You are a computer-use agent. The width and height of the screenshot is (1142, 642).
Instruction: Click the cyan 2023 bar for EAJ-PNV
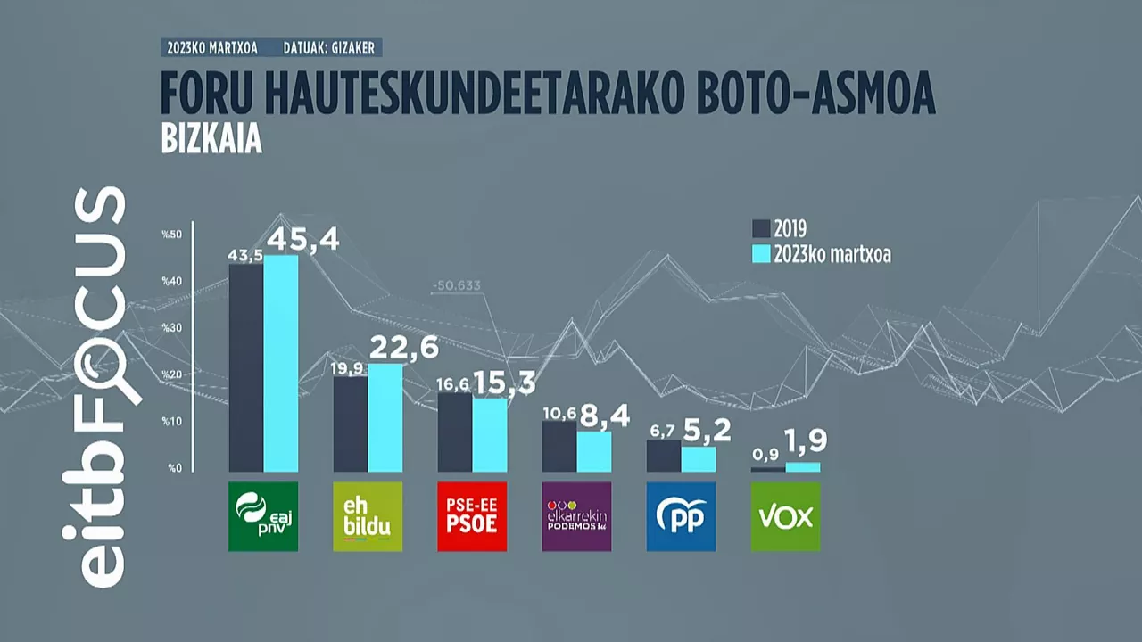click(x=281, y=364)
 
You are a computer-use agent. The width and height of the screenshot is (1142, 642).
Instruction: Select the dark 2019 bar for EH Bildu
click(x=351, y=424)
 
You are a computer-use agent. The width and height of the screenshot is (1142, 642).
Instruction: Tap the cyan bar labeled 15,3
click(x=490, y=434)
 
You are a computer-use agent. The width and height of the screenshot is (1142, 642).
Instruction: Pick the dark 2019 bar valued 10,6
click(x=559, y=446)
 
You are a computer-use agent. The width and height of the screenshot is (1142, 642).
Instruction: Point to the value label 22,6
click(x=405, y=348)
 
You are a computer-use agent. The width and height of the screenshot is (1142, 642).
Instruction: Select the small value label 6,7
click(x=663, y=432)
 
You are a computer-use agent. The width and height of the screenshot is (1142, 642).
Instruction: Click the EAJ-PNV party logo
click(x=263, y=516)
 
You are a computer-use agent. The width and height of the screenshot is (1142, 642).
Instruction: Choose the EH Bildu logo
click(x=368, y=516)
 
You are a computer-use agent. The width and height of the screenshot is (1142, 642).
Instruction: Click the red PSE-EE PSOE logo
click(x=472, y=516)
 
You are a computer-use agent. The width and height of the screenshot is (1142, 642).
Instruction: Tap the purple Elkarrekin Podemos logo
click(x=576, y=516)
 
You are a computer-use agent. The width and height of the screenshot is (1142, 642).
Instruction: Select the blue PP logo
click(x=681, y=516)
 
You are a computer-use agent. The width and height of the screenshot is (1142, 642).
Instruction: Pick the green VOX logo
click(x=785, y=516)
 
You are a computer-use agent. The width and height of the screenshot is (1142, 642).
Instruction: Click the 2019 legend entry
click(x=780, y=229)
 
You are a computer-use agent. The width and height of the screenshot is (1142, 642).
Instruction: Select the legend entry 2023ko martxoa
click(x=822, y=255)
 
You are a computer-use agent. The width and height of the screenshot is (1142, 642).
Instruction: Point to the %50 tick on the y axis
click(x=171, y=235)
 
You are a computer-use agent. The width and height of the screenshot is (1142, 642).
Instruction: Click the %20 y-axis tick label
click(x=171, y=374)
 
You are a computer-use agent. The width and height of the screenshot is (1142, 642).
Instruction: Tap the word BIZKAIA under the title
click(x=211, y=142)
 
